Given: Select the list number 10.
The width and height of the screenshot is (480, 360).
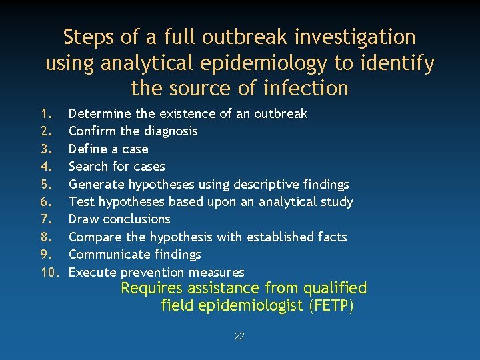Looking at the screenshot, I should (51, 272).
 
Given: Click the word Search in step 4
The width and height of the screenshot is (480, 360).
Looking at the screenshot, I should (88, 167).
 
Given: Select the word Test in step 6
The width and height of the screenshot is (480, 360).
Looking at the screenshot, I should (81, 201).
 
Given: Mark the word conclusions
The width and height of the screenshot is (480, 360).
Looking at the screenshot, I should (139, 219).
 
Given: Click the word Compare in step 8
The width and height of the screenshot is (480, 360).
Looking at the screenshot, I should (95, 237).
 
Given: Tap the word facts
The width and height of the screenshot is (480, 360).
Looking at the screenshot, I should (332, 237).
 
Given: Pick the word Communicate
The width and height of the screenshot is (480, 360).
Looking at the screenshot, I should (107, 255).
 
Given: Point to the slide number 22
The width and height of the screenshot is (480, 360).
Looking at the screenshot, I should (239, 337).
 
